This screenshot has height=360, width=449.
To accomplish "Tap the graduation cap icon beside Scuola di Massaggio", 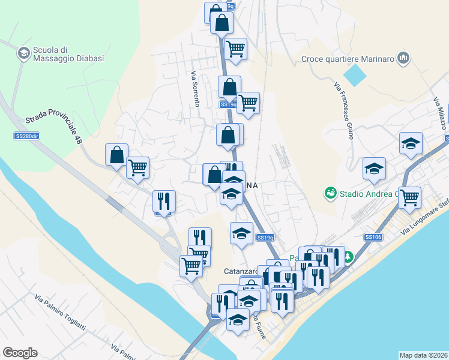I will (x=23, y=53).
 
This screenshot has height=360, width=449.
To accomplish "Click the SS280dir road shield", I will (x=27, y=136).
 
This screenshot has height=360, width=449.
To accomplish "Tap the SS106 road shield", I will (x=373, y=237).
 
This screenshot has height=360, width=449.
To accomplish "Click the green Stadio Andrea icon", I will (x=330, y=193).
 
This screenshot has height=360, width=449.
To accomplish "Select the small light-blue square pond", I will (x=355, y=75).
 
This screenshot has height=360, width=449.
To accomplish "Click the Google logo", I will (x=20, y=353).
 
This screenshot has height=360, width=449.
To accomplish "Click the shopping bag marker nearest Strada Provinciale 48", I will (x=116, y=154).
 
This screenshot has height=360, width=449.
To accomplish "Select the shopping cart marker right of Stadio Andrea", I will (x=409, y=197).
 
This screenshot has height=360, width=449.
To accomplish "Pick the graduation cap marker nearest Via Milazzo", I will (x=411, y=143).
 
